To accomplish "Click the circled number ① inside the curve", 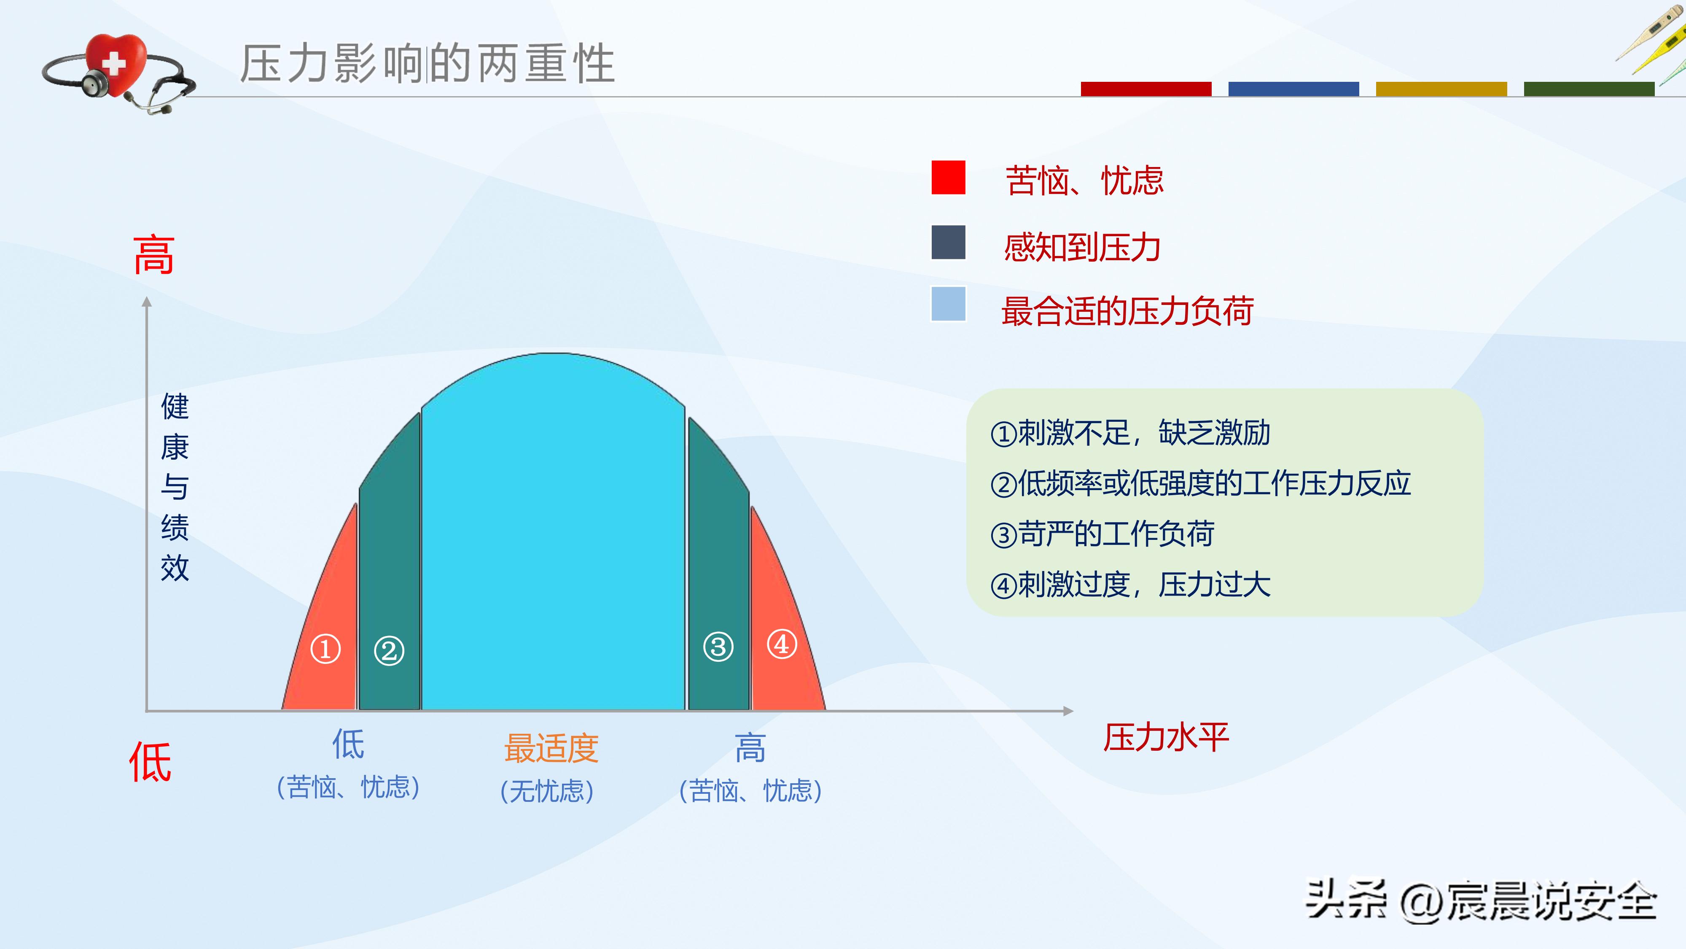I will [x=325, y=649].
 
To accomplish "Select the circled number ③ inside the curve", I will [x=718, y=647].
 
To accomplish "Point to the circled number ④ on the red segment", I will [x=782, y=644].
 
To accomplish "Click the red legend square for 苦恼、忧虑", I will [x=948, y=178].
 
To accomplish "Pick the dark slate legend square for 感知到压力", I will [x=948, y=243].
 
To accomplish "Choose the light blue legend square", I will [x=948, y=304].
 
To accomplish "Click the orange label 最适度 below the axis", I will [x=551, y=748].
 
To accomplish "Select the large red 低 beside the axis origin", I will [x=150, y=762].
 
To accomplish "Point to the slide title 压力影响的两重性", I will [x=428, y=64].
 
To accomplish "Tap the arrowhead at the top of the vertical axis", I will [x=147, y=302].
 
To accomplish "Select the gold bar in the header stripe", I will [x=1441, y=89].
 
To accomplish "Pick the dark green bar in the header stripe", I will [x=1589, y=89].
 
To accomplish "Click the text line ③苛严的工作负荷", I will [x=1103, y=534].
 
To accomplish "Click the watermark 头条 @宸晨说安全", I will [x=1481, y=901].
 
